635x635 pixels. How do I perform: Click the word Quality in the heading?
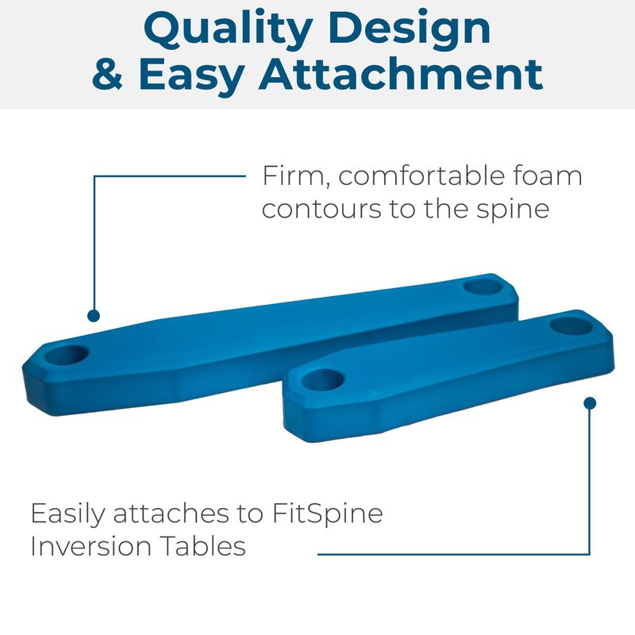(228, 29)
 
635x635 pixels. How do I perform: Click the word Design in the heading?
(410, 29)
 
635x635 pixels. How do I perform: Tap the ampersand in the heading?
(107, 74)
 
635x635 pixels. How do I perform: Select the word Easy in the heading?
(191, 77)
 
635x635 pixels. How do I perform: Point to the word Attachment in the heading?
(401, 74)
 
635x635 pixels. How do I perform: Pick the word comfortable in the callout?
(421, 175)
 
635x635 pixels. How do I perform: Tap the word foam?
(548, 175)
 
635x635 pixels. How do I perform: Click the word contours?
(321, 210)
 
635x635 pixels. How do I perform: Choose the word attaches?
(171, 514)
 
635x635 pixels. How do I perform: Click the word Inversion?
(91, 546)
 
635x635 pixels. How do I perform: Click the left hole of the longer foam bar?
(67, 355)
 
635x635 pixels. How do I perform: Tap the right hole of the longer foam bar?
(483, 287)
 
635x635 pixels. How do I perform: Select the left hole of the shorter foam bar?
(323, 380)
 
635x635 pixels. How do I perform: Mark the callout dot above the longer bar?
(94, 316)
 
